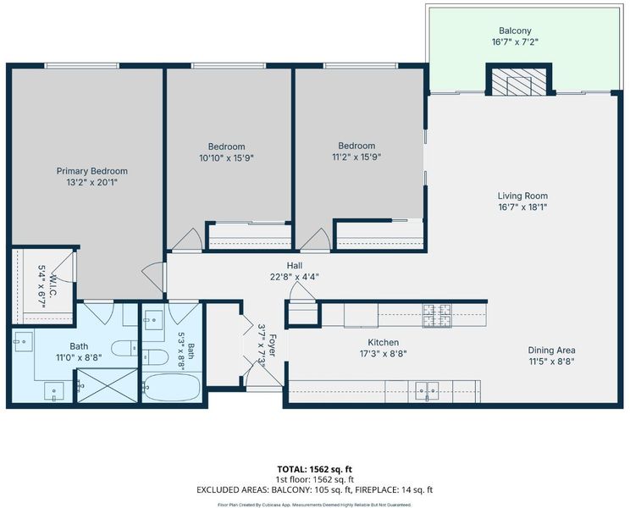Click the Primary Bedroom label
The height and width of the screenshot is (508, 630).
point(92,171)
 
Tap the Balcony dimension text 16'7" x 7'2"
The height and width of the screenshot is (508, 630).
point(515,41)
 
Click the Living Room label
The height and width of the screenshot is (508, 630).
point(522,196)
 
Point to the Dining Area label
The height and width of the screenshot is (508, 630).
point(551,351)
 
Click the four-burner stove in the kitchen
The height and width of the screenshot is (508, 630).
point(437,315)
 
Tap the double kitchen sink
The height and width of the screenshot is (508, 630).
point(427,390)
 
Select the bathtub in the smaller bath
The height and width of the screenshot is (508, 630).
point(172,387)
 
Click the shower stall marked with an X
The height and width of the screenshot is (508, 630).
point(108,385)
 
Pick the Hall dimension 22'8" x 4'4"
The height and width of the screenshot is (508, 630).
point(295,277)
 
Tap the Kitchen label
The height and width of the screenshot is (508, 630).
point(384,343)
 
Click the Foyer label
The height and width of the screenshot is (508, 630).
point(272,345)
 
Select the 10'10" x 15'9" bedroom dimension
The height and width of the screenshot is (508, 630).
point(227,158)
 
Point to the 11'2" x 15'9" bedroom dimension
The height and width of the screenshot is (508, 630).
point(356,157)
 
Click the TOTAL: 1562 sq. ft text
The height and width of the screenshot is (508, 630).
point(315,469)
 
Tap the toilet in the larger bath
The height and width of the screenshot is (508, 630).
point(124,348)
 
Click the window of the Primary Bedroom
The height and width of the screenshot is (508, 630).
point(81,66)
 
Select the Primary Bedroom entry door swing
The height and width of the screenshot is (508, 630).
point(152,277)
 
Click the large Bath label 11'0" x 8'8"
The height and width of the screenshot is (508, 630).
point(79,351)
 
